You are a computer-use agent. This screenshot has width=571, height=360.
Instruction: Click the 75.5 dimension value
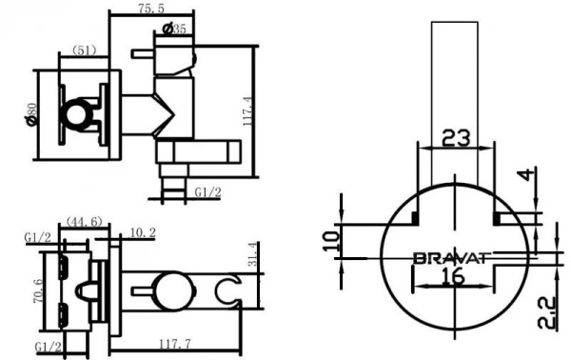145,9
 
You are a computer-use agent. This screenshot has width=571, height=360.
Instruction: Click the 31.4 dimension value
252,255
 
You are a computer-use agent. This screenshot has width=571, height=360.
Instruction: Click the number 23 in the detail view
456,137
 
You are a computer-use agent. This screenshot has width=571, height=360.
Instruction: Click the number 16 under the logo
454,277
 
